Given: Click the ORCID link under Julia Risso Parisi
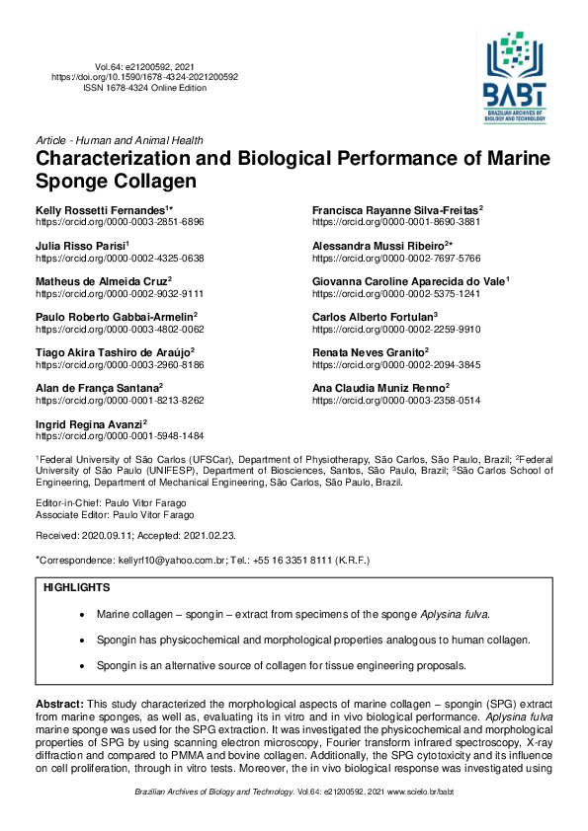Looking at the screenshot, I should (120, 258).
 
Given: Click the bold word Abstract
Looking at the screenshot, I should (61, 702).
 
